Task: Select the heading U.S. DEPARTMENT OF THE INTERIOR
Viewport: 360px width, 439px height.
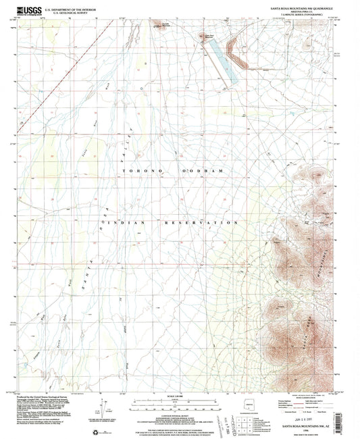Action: point(68,7)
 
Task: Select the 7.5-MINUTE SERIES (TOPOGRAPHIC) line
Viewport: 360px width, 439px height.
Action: point(313,16)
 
